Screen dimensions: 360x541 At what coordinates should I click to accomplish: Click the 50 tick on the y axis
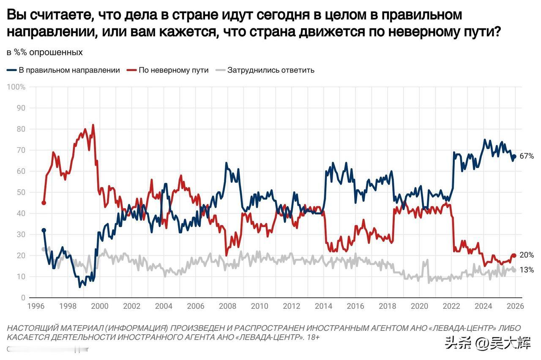pos(22,192)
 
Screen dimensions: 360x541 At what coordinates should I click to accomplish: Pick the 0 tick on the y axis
pos(24,298)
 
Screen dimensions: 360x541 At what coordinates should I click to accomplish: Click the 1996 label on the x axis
pos(36,306)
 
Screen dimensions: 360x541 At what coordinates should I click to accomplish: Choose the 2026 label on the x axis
pos(516,306)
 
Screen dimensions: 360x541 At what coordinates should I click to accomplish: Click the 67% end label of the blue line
pos(527,157)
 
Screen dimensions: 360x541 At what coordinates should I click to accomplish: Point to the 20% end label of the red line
pos(527,255)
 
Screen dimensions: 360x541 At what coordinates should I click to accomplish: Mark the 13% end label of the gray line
pos(527,270)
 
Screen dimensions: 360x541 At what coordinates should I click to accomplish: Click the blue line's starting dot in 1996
pos(44,231)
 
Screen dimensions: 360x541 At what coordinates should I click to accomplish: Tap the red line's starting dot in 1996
pos(44,203)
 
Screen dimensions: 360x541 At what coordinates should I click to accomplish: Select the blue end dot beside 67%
pos(514,157)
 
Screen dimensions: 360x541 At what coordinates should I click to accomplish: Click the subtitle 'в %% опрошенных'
pos(45,52)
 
